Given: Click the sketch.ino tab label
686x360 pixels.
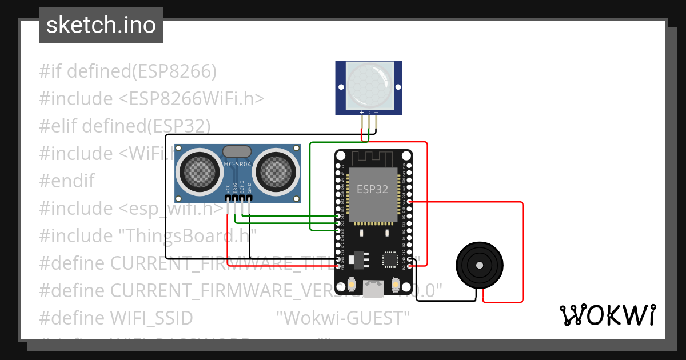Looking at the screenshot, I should [101, 25].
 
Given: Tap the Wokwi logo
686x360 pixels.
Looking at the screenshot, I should [607, 315].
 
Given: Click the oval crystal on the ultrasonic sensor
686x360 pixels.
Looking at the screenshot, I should [237, 151].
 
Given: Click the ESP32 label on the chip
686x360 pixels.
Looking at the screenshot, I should [373, 189].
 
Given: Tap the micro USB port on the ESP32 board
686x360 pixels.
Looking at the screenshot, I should [374, 289].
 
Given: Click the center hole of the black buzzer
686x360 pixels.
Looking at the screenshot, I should [480, 265].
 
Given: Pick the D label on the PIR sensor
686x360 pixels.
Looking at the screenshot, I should [369, 113].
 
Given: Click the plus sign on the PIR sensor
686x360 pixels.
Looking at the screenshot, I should [361, 113].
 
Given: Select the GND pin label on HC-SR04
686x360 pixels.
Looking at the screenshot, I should [249, 187].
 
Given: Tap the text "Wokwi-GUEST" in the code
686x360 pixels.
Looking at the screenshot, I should [343, 318].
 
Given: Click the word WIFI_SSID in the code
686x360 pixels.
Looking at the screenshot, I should [151, 318].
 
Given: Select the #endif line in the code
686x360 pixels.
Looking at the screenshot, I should [66, 181].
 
